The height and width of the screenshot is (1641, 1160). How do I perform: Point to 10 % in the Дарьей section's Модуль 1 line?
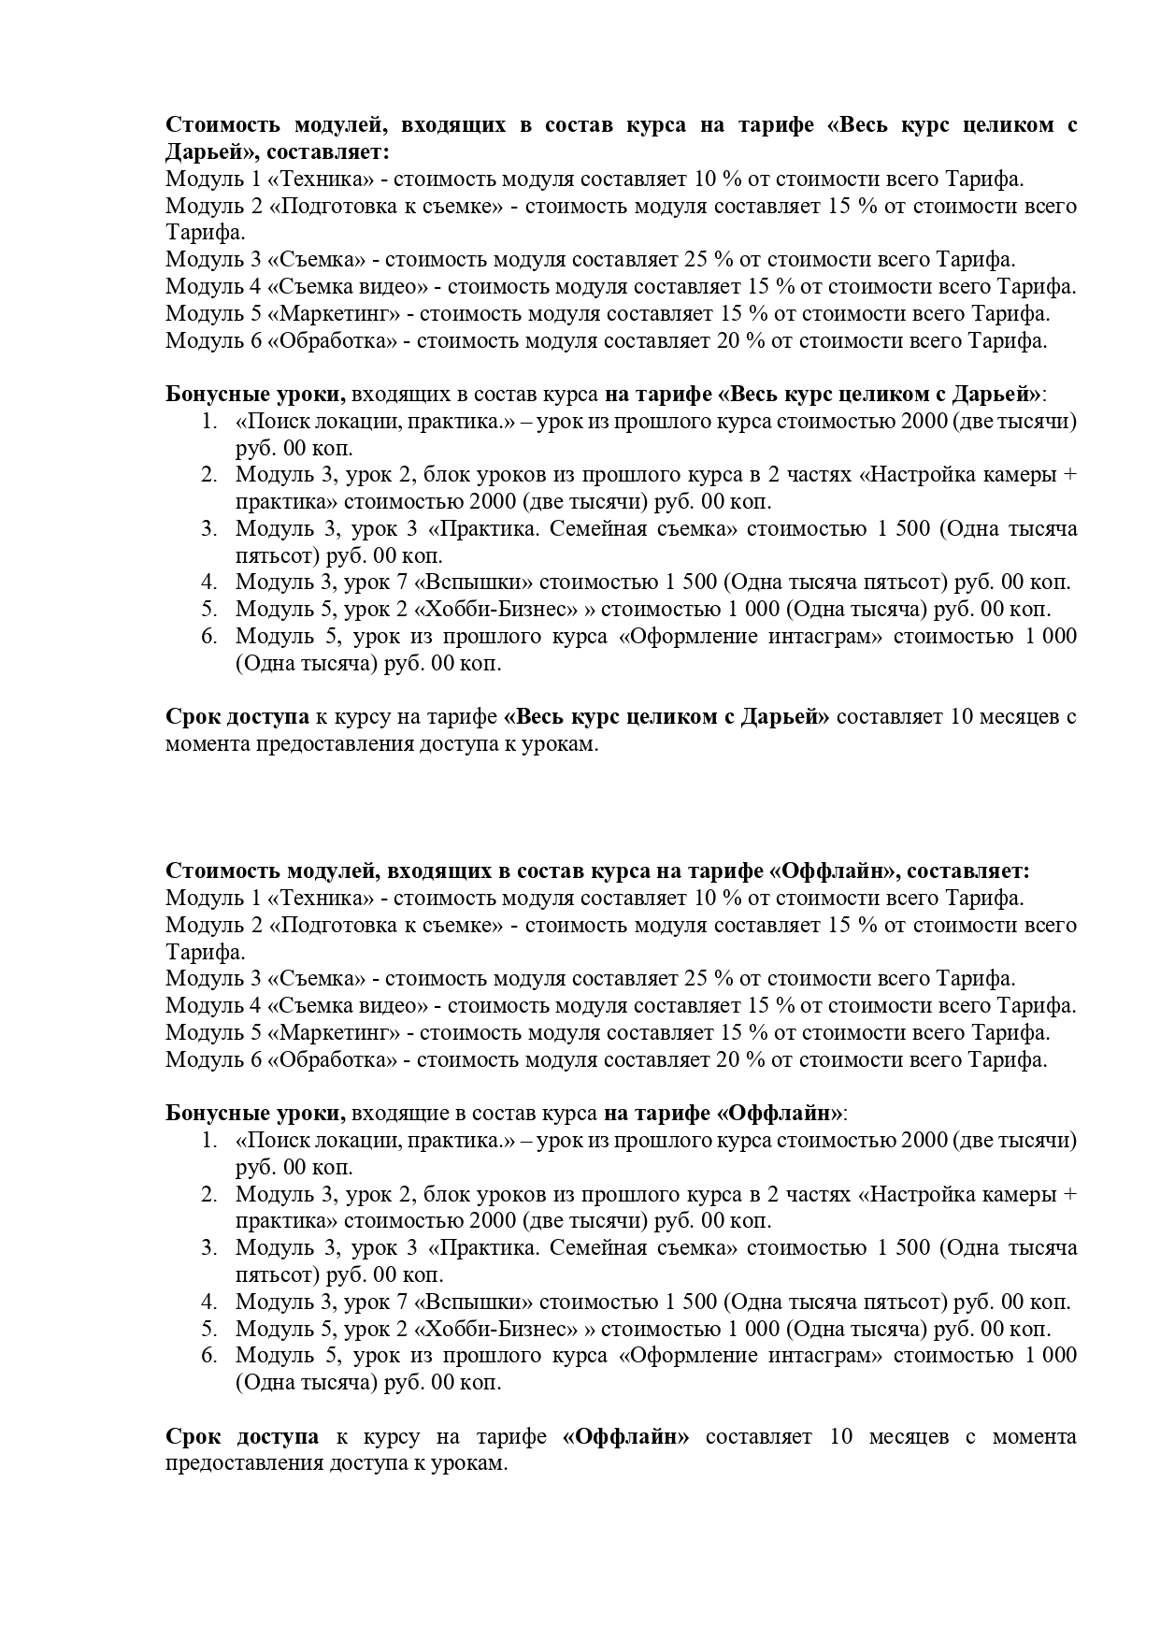[717, 179]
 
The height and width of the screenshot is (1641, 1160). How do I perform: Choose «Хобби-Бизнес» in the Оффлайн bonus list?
[500, 1329]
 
